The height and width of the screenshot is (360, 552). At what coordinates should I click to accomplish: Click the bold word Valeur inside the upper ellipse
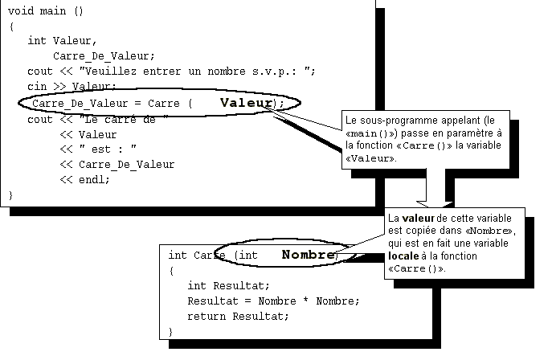[247, 103]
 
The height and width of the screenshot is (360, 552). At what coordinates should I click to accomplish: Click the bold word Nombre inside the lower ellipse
[308, 255]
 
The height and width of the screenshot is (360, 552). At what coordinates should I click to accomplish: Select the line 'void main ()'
[46, 11]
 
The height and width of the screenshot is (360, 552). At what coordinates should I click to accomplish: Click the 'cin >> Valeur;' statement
[72, 86]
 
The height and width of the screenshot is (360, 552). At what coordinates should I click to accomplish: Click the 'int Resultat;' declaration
[228, 286]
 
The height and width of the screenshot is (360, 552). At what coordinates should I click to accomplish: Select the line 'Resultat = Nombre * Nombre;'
[273, 301]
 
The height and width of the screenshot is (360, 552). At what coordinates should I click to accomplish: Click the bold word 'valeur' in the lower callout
[419, 219]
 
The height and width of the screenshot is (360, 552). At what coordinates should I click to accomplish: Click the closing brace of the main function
[11, 194]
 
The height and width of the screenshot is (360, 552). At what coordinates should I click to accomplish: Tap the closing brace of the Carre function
[171, 331]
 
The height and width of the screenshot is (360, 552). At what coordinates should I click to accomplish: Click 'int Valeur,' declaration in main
[62, 40]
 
